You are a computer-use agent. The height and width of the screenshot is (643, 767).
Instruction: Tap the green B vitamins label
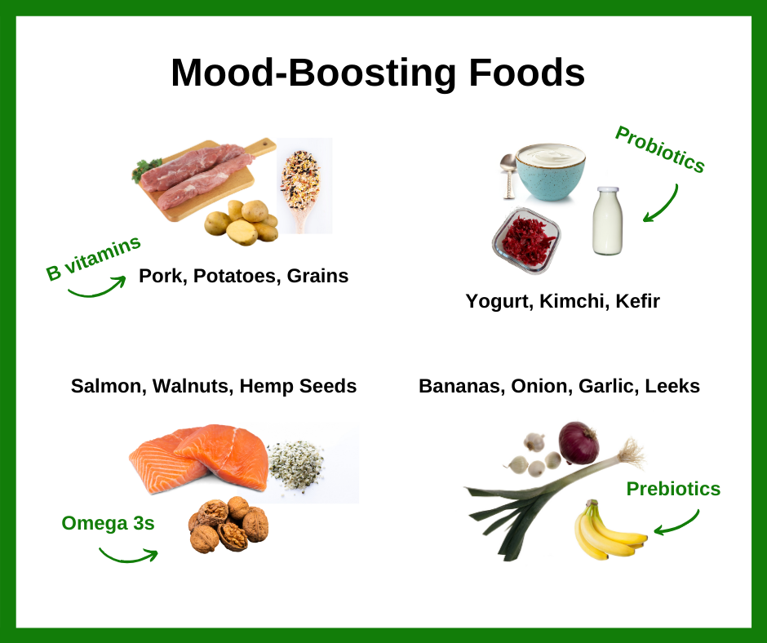[93, 257]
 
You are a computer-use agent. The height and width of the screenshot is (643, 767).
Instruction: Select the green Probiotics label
[660, 149]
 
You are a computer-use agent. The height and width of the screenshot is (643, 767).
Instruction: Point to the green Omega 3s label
[108, 523]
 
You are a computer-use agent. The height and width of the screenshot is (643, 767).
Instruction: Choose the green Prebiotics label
[673, 489]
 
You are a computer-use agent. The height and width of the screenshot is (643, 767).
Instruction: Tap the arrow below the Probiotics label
[662, 203]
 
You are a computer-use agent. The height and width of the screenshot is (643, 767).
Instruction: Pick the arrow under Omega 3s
[128, 556]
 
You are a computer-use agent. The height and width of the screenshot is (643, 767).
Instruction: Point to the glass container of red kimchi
[526, 240]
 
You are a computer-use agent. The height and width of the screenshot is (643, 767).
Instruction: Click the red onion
[579, 442]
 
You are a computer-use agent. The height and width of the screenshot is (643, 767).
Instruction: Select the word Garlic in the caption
[608, 386]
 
